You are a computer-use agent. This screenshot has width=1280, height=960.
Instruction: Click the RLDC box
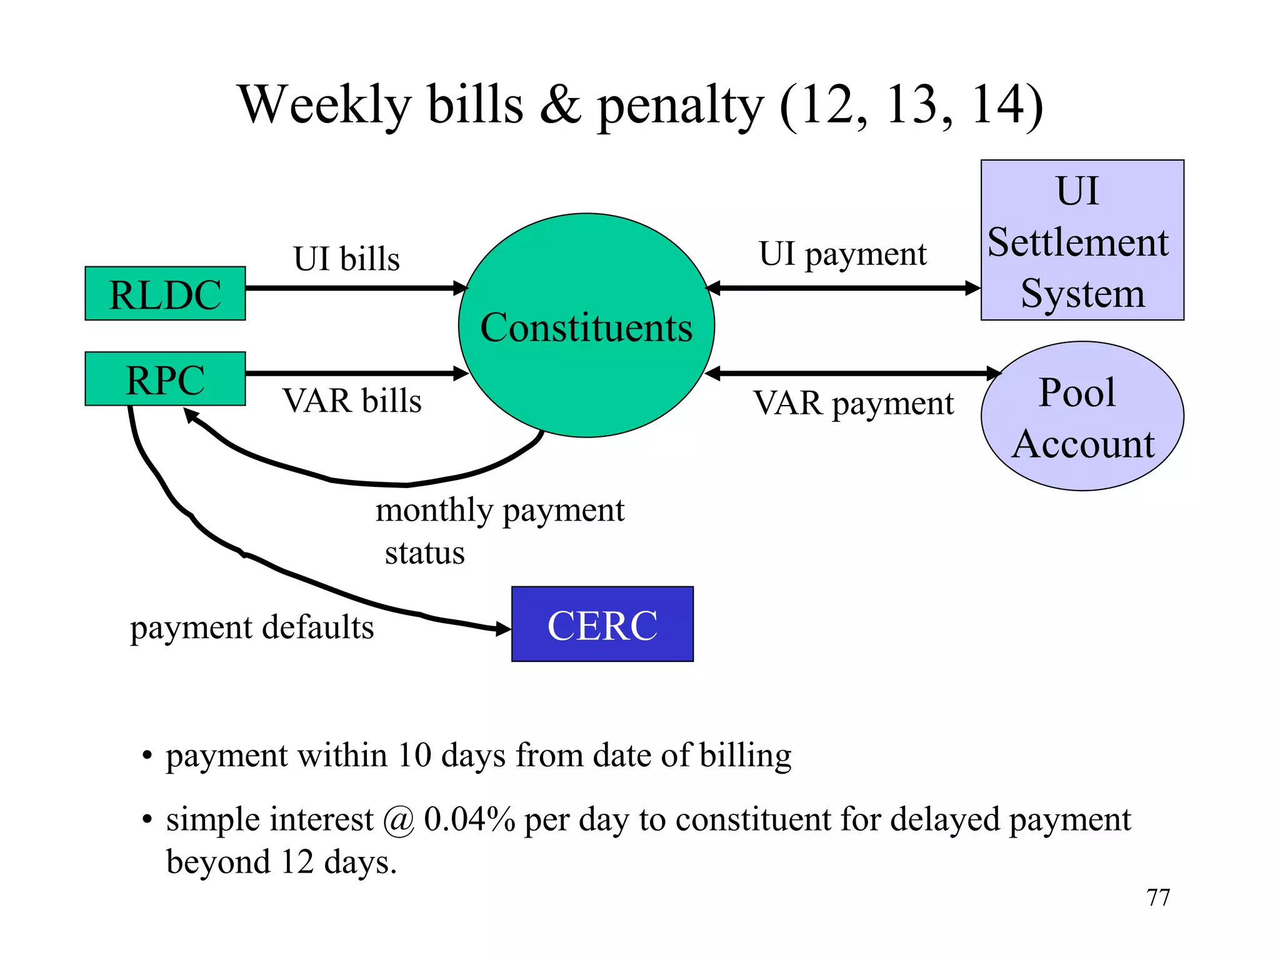[165, 294]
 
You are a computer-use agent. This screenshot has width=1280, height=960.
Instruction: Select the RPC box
[165, 379]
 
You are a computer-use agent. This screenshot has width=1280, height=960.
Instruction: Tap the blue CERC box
[602, 624]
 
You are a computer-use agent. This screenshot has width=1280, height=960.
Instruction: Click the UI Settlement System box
[1082, 241]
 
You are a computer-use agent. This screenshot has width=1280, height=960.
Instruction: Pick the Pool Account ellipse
[1082, 416]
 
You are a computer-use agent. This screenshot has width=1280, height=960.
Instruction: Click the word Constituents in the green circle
[586, 327]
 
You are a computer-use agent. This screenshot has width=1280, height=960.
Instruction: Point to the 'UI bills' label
[347, 259]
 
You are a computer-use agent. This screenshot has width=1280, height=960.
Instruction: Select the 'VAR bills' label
[352, 401]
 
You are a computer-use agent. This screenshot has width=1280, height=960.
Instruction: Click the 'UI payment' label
[842, 254]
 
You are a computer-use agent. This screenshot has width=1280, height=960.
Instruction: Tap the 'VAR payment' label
[853, 403]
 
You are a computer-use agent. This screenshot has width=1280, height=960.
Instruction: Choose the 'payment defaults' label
[252, 627]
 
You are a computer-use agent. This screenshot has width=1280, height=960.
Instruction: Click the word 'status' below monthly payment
[425, 553]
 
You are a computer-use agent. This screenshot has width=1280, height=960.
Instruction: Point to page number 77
[1158, 897]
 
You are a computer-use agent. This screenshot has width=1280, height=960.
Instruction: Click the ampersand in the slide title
[561, 104]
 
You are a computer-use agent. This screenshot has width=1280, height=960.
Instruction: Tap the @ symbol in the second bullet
[399, 820]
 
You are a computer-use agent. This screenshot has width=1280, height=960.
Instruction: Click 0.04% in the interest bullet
[469, 819]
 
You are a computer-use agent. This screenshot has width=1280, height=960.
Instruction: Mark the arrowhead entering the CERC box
[502, 629]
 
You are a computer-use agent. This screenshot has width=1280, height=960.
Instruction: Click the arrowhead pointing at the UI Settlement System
[972, 288]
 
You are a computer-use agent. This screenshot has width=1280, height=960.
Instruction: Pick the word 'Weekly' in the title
[325, 104]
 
